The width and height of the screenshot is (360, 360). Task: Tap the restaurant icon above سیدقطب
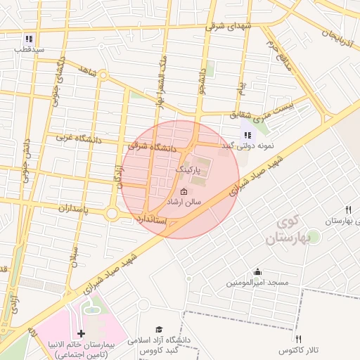coord(29,39)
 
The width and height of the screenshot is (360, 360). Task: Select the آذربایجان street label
coord(340,27)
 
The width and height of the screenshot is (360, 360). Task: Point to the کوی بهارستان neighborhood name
coord(288,232)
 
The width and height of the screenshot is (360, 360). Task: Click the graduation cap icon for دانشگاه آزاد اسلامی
coord(160,330)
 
